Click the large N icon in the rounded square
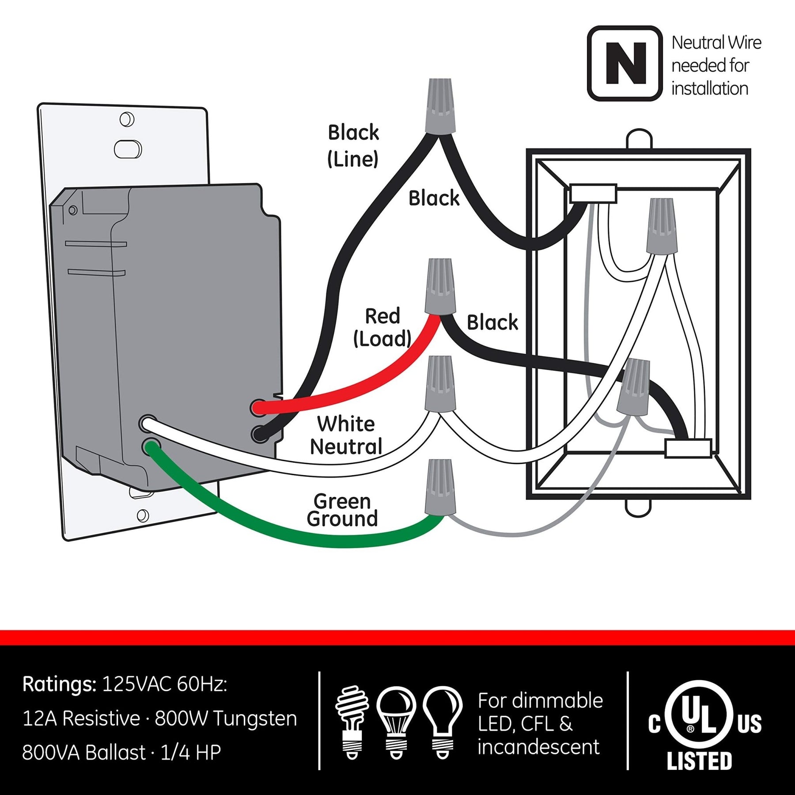click(x=625, y=63)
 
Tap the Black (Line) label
click(x=353, y=145)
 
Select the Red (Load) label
click(x=382, y=327)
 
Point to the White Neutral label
click(x=346, y=435)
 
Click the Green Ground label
click(x=342, y=510)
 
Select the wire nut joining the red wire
click(x=440, y=287)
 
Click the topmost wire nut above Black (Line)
click(x=440, y=106)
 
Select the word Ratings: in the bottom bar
click(x=59, y=685)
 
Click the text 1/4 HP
click(x=190, y=753)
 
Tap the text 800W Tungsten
click(x=226, y=719)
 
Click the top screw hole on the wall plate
click(x=127, y=120)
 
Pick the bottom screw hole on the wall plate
click(x=143, y=515)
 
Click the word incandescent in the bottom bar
click(x=538, y=747)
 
